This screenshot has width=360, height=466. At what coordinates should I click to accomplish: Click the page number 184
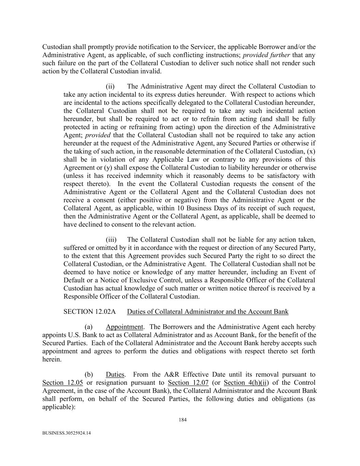tap(183, 420)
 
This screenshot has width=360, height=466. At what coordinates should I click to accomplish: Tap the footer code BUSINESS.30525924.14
tap(67, 433)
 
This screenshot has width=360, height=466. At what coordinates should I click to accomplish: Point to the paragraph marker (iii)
tap(111, 240)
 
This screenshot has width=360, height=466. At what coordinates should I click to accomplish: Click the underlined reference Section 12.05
tap(62, 383)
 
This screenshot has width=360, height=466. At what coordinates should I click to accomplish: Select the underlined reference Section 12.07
tap(188, 383)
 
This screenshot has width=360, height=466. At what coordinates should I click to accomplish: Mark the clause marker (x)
tap(311, 151)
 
